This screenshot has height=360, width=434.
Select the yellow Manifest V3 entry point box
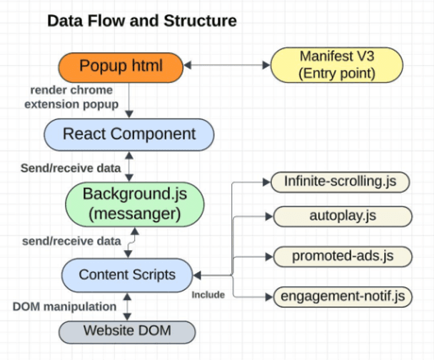(337, 64)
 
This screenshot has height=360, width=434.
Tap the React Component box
(129, 134)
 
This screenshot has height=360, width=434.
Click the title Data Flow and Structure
(141, 21)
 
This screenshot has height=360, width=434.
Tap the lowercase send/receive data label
(70, 241)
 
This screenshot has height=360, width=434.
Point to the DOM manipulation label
(64, 306)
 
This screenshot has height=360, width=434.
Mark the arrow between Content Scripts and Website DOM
(128, 306)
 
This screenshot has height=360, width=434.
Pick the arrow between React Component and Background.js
(128, 167)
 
